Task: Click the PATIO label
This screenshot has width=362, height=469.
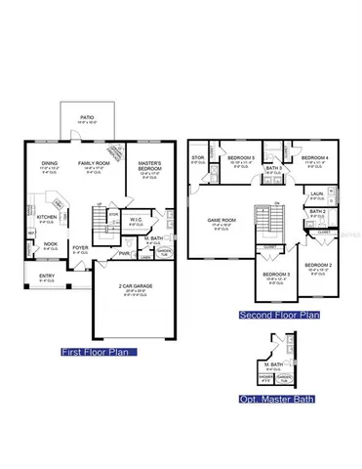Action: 86,116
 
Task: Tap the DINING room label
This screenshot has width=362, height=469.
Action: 50,163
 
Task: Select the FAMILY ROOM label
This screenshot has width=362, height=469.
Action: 94,163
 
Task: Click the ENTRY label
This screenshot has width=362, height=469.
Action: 47,277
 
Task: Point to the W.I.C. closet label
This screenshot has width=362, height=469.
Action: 136,219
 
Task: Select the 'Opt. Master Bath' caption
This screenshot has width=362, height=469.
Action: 272,399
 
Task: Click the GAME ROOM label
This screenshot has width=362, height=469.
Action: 222,221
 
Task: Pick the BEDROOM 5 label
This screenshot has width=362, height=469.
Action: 240,158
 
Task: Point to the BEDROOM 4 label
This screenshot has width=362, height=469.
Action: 312,158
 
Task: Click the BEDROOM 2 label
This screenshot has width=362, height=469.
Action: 318,265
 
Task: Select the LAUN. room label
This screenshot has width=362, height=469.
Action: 317,194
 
